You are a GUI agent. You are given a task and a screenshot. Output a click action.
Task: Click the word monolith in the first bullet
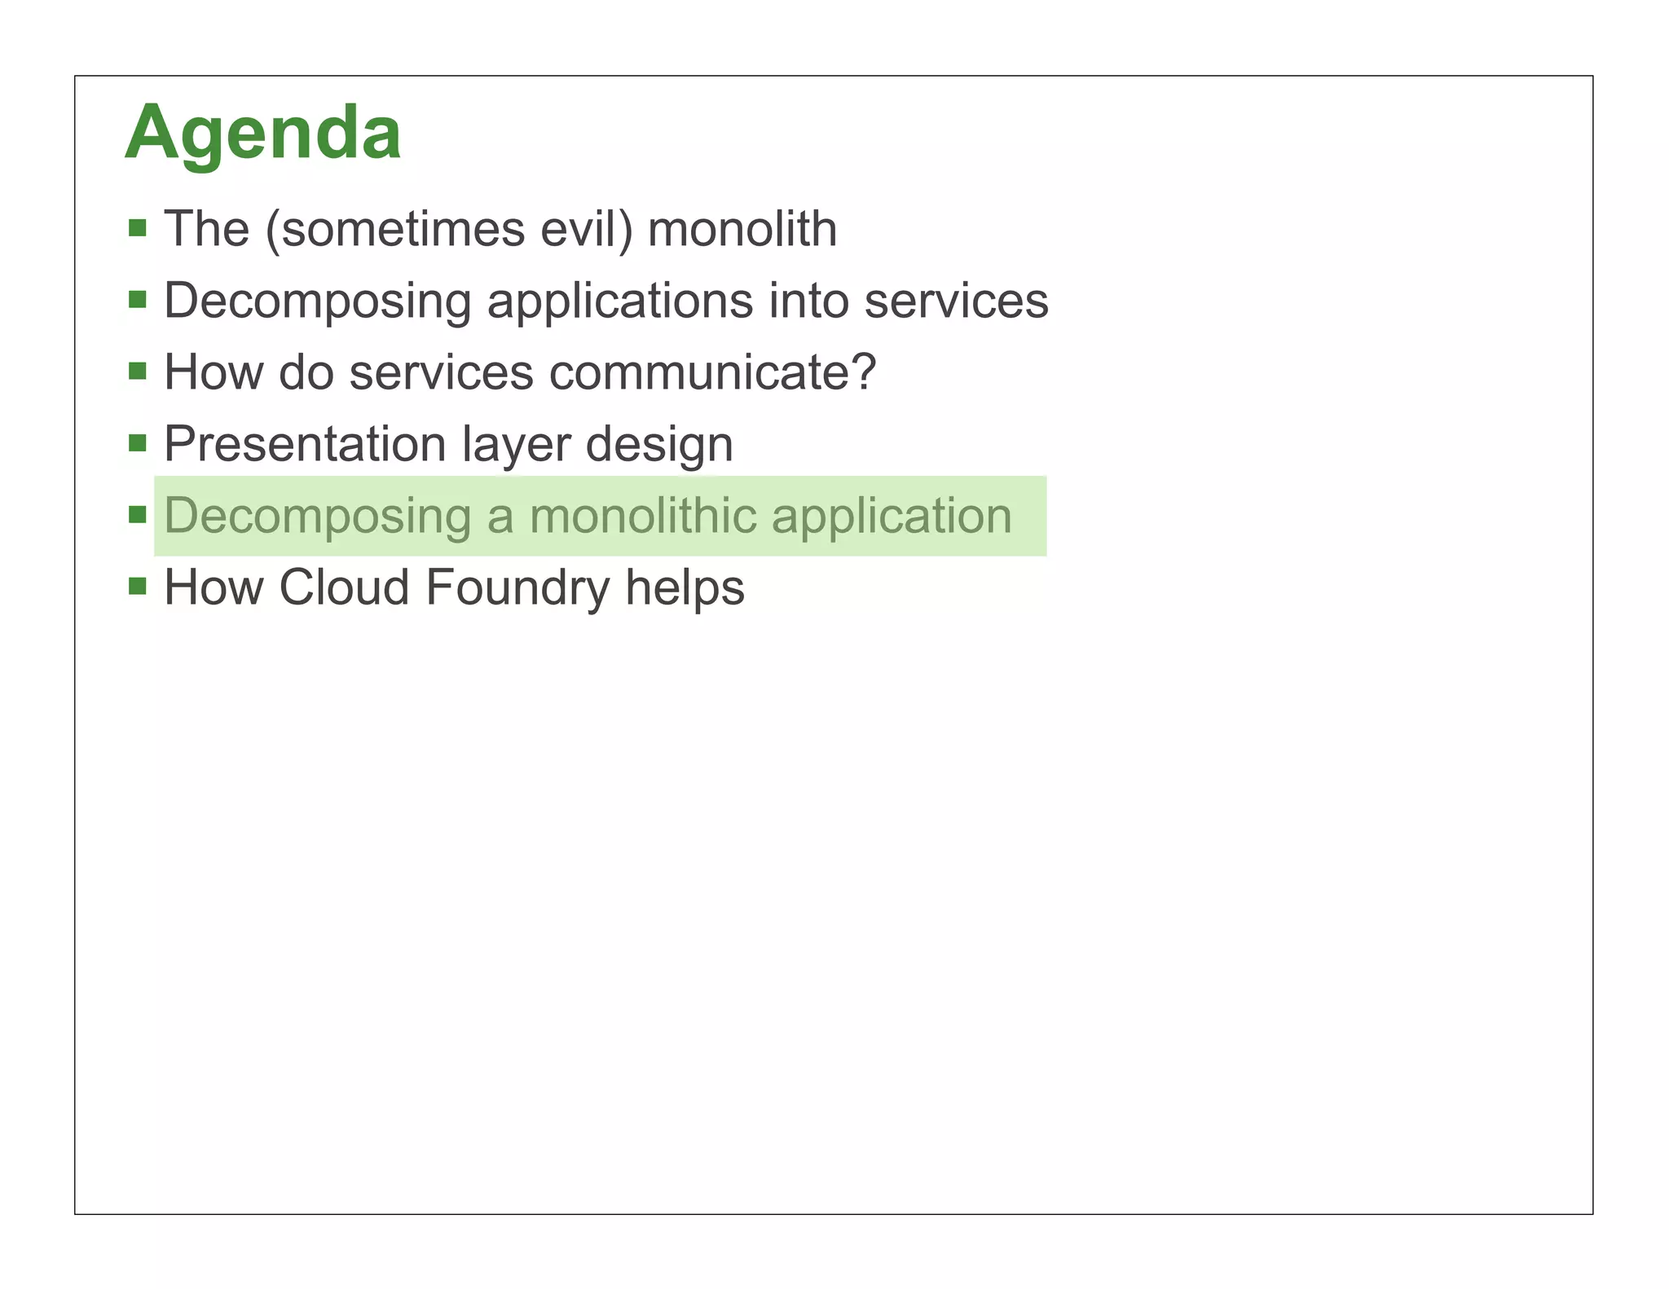point(742,229)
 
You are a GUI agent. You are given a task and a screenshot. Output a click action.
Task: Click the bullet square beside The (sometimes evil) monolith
point(137,227)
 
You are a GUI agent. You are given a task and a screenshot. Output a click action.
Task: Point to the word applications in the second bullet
point(619,301)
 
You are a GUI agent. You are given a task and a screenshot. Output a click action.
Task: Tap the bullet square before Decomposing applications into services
point(137,299)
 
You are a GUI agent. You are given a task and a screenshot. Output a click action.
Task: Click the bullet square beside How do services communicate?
point(137,371)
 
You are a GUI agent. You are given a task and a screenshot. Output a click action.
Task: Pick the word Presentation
point(305,444)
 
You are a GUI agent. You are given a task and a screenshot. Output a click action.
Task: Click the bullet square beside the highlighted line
point(137,514)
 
